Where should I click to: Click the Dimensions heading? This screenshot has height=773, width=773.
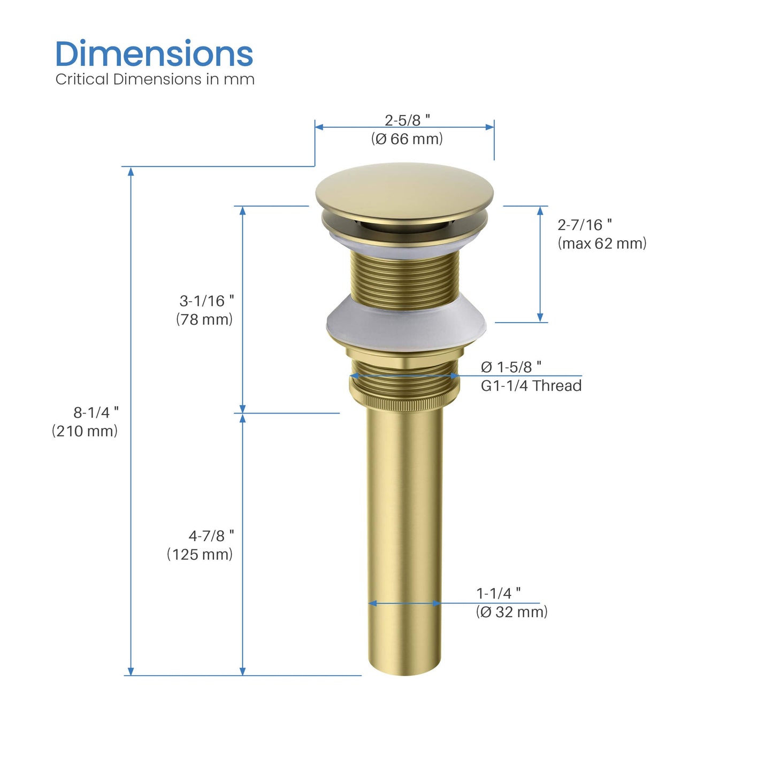click(154, 54)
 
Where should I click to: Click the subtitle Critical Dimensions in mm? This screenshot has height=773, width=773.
click(155, 79)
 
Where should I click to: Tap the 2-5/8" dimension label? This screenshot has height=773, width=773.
click(407, 120)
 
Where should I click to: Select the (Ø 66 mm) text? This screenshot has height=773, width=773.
click(407, 139)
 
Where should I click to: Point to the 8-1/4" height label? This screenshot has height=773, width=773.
click(96, 412)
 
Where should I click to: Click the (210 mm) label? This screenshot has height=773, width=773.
click(85, 431)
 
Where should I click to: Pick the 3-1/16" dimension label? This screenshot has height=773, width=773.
click(206, 301)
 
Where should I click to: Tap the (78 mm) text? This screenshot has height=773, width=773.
click(204, 319)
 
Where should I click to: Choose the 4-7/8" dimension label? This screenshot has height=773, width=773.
click(211, 535)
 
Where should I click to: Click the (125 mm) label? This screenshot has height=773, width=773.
click(200, 554)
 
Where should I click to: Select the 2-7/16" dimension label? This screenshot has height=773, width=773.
click(584, 225)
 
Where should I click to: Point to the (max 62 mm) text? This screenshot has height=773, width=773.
click(602, 243)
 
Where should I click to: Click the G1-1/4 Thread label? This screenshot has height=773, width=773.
click(531, 386)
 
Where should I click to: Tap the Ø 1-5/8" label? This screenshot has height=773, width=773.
click(511, 367)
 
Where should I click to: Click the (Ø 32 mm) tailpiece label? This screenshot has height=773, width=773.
click(511, 612)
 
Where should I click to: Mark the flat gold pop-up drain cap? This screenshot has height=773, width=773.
click(404, 190)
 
